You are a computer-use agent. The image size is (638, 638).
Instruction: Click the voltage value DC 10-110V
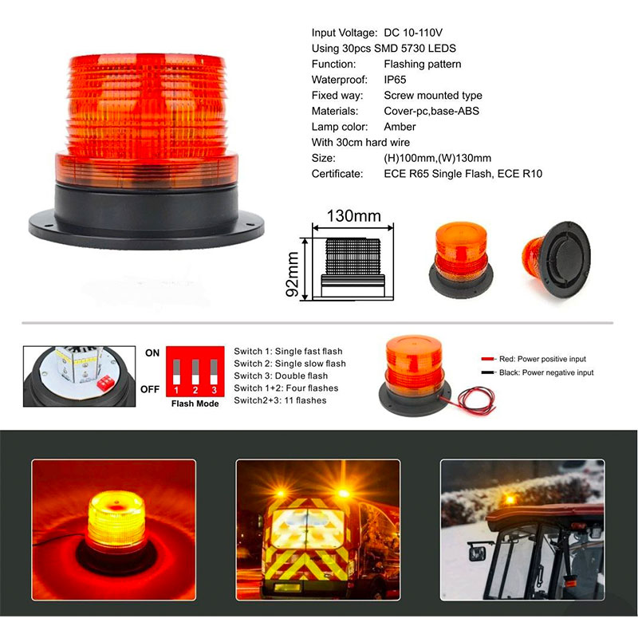(413, 33)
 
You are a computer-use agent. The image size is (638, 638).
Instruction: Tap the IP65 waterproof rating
(395, 80)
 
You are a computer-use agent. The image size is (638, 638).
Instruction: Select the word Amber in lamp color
(400, 127)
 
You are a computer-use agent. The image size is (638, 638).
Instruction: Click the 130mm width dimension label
(353, 216)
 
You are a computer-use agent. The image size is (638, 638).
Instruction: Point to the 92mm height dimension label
(292, 274)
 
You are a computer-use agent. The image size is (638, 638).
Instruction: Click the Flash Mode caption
(195, 404)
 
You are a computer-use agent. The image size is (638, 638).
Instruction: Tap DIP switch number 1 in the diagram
(176, 372)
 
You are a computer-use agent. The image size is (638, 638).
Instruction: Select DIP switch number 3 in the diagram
(214, 372)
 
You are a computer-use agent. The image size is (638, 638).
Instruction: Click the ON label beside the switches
(152, 353)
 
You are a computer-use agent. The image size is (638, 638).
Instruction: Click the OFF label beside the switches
(150, 389)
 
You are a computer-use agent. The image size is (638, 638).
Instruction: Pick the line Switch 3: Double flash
(281, 376)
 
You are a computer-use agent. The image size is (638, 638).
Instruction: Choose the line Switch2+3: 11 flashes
(280, 400)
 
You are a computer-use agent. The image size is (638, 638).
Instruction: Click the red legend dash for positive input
(487, 359)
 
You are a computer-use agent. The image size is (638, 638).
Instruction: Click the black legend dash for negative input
(487, 372)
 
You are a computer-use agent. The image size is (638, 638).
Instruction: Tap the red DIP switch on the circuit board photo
(105, 383)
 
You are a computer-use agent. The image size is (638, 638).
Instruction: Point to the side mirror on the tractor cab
(476, 553)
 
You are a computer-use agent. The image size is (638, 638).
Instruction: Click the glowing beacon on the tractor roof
(510, 499)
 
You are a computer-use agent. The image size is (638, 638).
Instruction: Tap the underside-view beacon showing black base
(557, 258)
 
